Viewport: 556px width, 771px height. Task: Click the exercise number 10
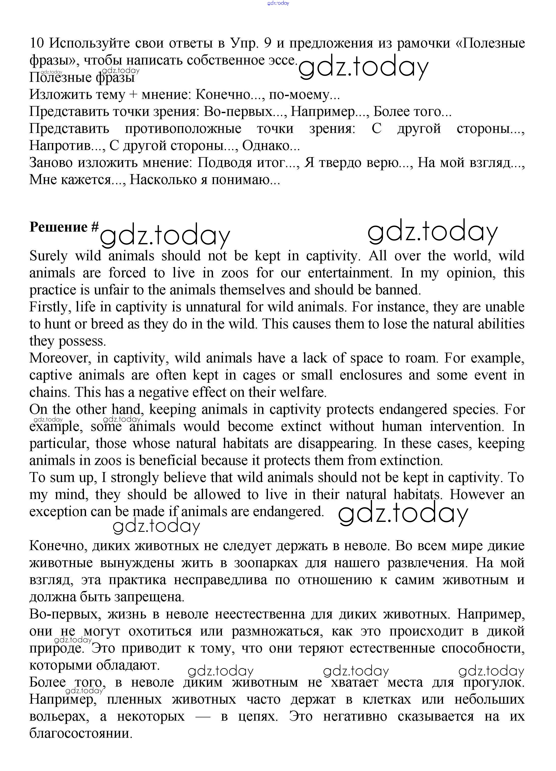pos(37,43)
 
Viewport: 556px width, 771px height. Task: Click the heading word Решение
pos(59,227)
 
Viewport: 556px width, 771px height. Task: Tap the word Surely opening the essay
pos(48,256)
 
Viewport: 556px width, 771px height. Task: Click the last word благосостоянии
pos(81,734)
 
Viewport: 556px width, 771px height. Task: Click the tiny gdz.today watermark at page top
pos(278,3)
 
